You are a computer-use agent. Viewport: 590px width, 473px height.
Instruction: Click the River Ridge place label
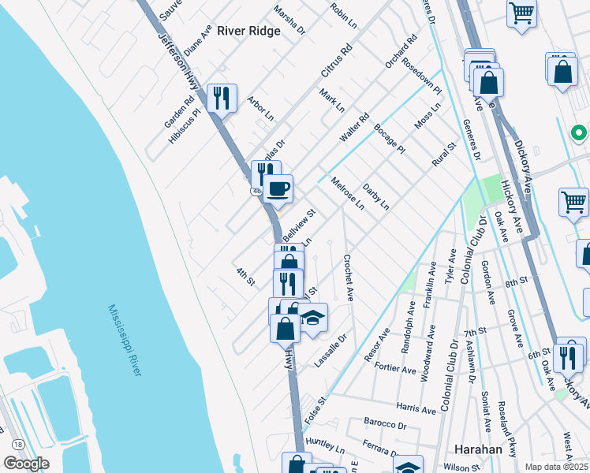pyautogui.click(x=248, y=31)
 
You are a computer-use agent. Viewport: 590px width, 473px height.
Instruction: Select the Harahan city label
pyautogui.click(x=479, y=449)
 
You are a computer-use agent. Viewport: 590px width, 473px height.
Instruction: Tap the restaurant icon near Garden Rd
pyautogui.click(x=222, y=98)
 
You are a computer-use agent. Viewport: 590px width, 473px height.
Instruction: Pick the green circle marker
pyautogui.click(x=578, y=132)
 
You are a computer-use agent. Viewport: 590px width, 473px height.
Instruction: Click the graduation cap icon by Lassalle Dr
pyautogui.click(x=313, y=318)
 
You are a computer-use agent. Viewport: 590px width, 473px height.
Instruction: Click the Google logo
pyautogui.click(x=26, y=464)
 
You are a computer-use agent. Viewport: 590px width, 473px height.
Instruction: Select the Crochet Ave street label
pyautogui.click(x=347, y=278)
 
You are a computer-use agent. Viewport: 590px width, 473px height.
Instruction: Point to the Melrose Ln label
pyautogui.click(x=347, y=194)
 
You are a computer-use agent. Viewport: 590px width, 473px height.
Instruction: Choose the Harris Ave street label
pyautogui.click(x=416, y=410)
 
